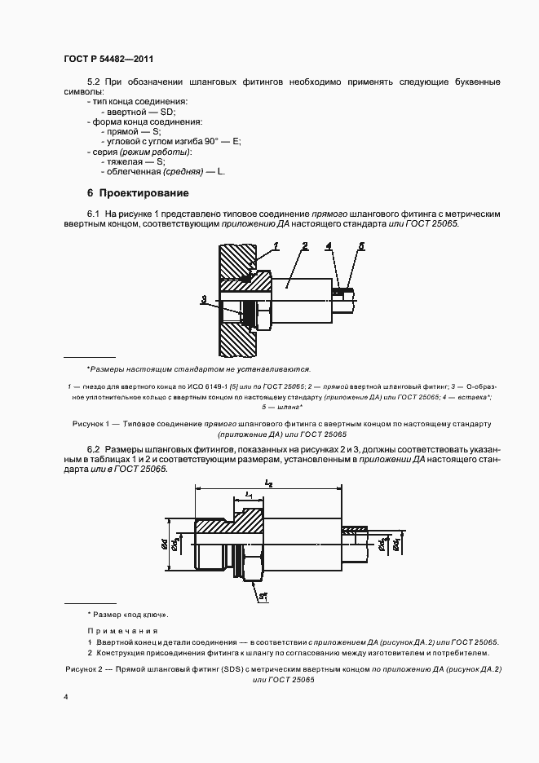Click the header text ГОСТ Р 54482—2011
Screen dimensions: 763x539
[108, 60]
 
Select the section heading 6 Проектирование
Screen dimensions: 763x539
[138, 193]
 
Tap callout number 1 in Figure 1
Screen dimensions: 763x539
[277, 245]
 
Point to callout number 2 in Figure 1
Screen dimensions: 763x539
[304, 245]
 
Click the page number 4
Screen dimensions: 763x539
[66, 698]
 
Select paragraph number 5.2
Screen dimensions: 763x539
[92, 82]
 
